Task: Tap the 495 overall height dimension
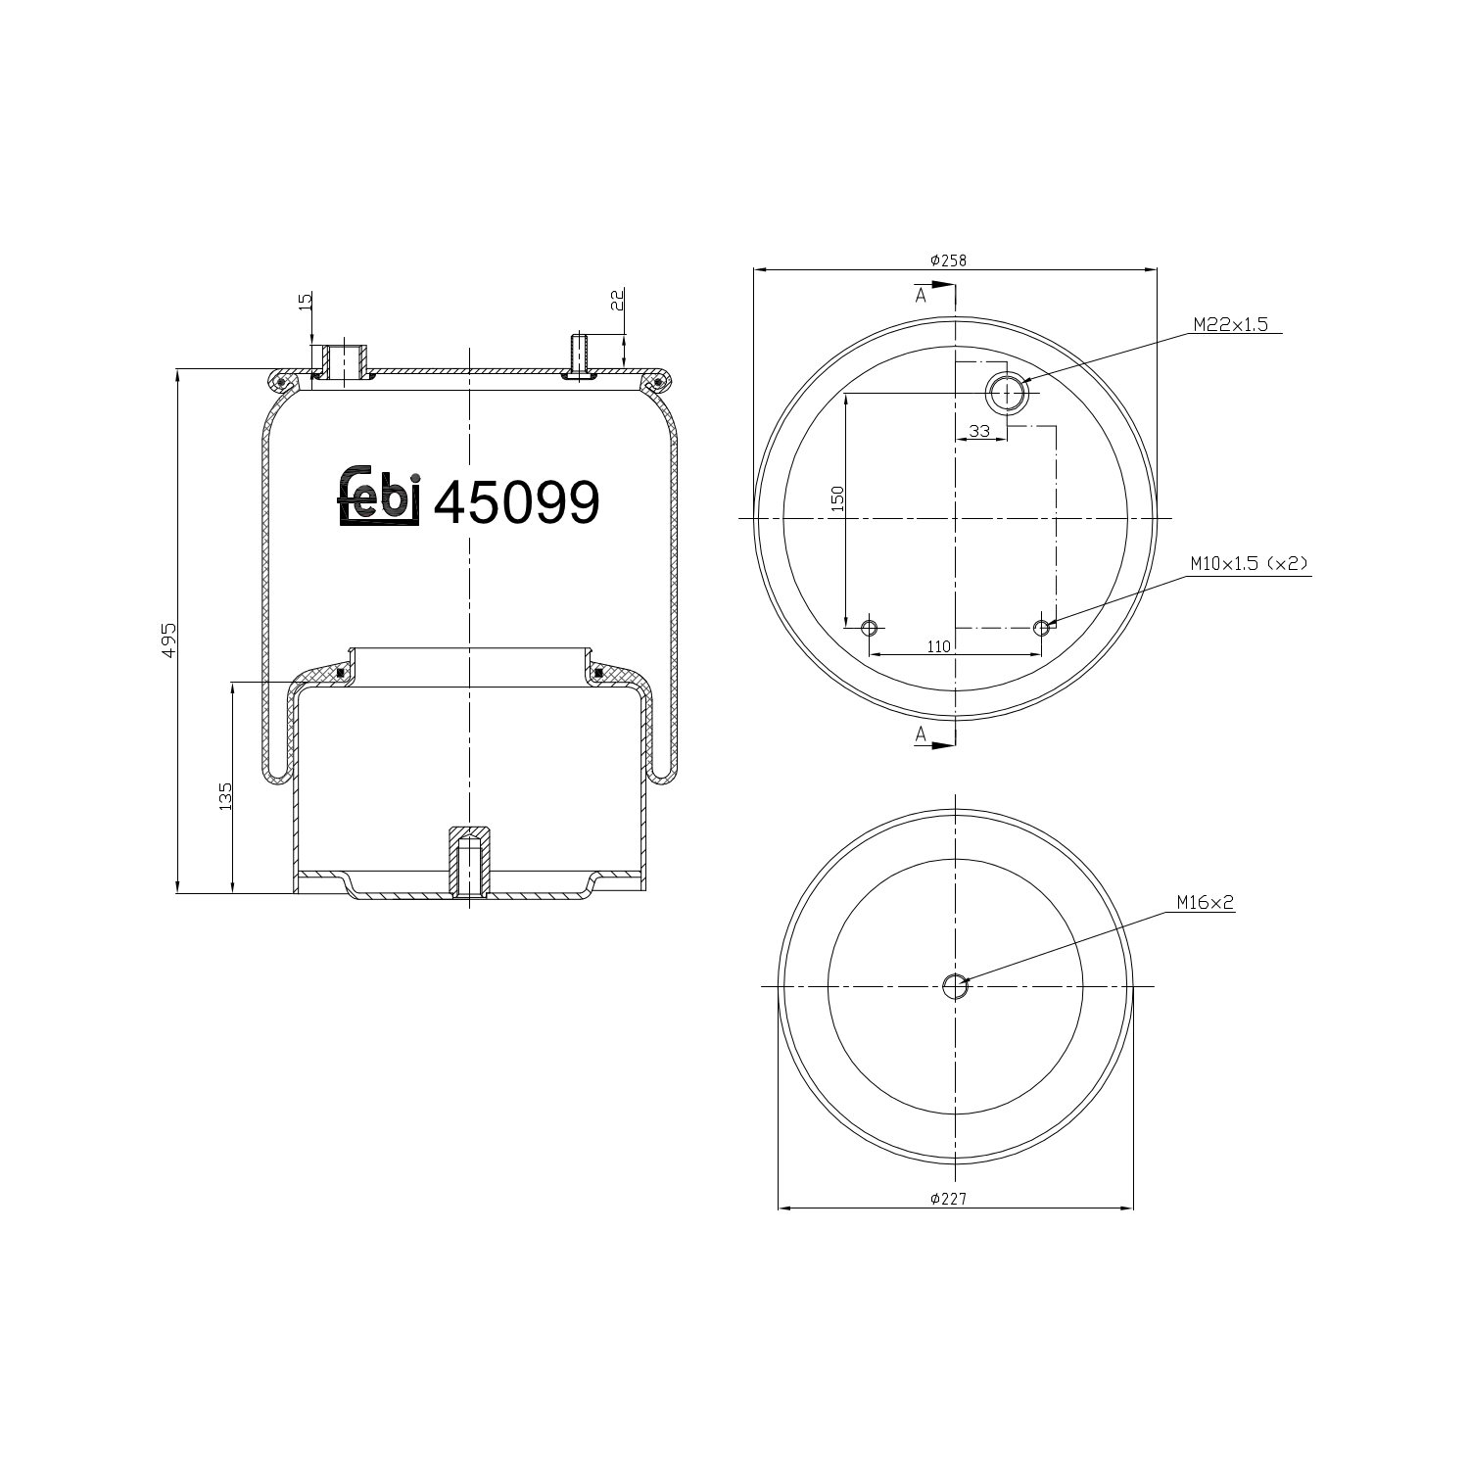pos(168,639)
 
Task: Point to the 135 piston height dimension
pos(225,795)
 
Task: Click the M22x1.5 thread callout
pos(1229,325)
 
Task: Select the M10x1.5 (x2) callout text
pos(1249,563)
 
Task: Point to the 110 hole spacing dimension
pos(937,645)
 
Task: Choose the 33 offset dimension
pos(978,431)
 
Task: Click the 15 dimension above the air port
pos(305,301)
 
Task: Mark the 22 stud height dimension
pos(617,300)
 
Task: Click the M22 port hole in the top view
pos(1005,393)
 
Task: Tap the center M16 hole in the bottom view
pos(955,986)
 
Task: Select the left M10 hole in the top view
pos(869,627)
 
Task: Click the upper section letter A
pos(921,295)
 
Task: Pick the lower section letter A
pos(921,734)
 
